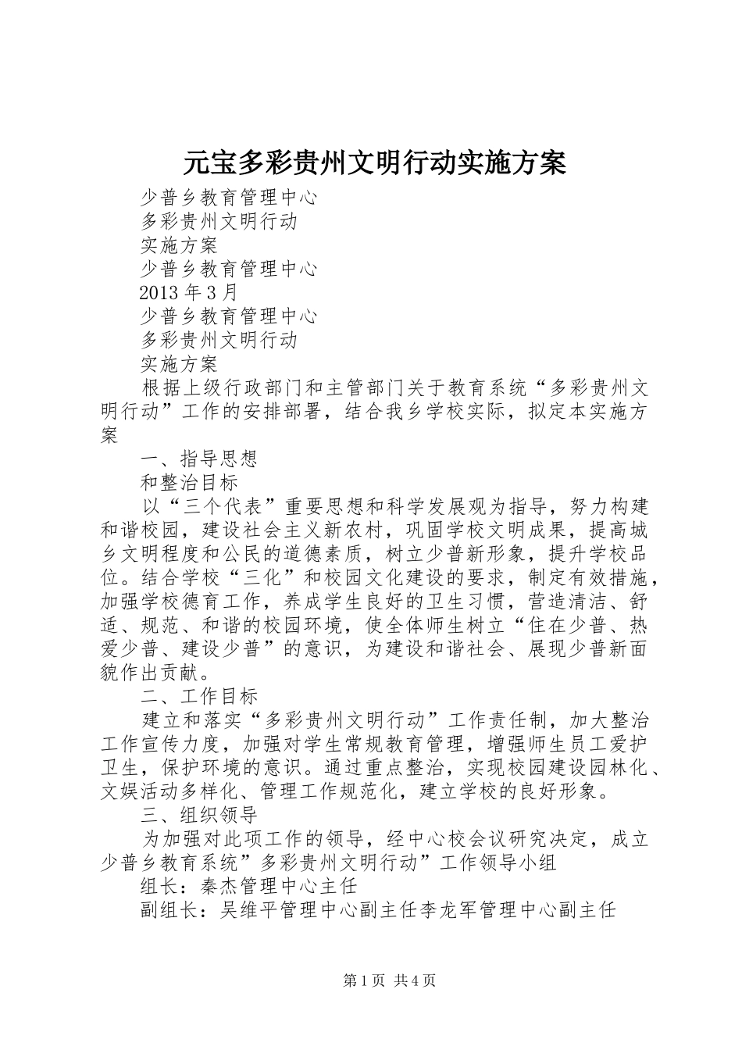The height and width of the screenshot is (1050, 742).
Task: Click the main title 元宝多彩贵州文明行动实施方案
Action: pos(374,163)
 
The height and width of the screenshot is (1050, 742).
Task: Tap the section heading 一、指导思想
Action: pos(198,459)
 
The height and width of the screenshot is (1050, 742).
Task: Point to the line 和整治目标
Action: pos(189,482)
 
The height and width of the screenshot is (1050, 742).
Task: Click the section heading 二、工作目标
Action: pos(198,695)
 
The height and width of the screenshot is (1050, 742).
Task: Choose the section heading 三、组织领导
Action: pos(198,816)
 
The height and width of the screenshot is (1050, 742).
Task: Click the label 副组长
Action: pos(169,910)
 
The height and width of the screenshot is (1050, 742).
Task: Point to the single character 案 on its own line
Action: pos(110,435)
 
